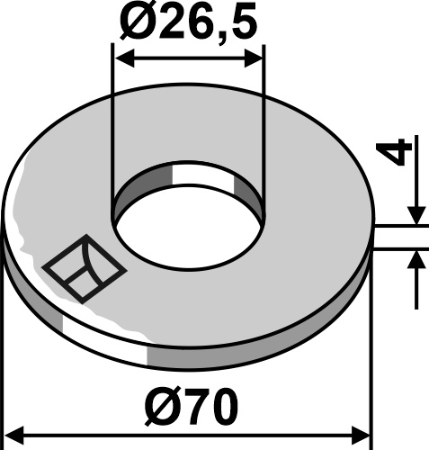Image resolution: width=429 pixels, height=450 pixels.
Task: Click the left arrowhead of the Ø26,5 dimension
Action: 120,58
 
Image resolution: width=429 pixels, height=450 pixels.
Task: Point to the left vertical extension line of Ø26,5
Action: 112,126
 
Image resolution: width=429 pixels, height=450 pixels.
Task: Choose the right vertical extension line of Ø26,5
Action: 264,126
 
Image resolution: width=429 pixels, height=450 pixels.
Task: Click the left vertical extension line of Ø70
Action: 4,342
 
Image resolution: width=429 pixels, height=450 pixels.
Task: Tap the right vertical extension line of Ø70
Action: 371,342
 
